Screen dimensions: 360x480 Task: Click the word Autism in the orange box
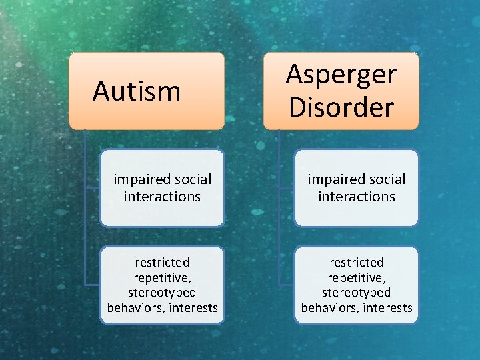point(137,91)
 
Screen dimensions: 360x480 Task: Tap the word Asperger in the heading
point(341,75)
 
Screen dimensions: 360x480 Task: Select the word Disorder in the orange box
point(341,107)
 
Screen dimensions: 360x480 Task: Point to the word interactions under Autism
point(162,197)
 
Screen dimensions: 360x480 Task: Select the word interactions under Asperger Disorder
point(357,197)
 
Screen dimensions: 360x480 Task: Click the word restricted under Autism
point(162,263)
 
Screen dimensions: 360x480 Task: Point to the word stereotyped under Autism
point(162,293)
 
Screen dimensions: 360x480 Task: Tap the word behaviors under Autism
point(134,308)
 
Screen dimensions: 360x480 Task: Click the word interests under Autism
point(193,308)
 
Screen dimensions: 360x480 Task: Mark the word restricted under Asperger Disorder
point(357,263)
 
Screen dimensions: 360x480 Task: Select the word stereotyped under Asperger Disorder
point(357,293)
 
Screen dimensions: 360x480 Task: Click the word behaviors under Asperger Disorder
point(329,308)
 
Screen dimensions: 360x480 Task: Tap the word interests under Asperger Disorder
point(387,308)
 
